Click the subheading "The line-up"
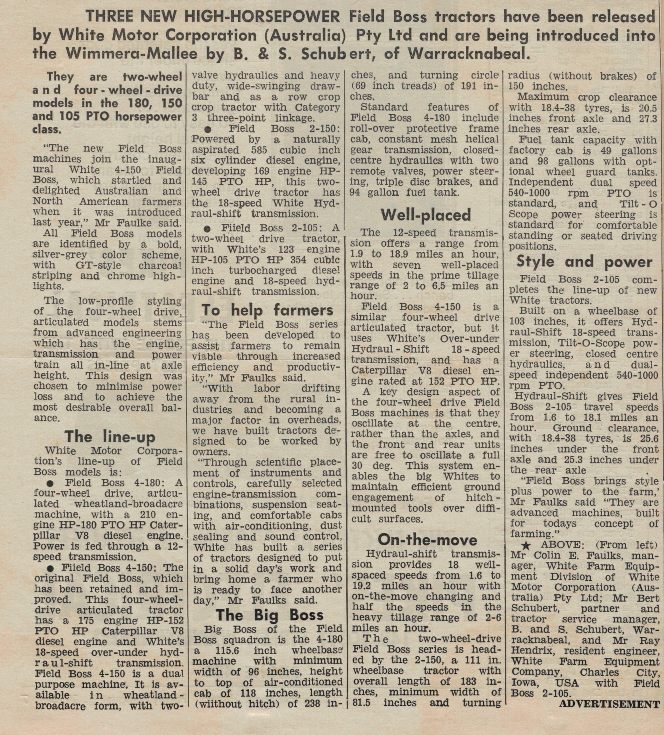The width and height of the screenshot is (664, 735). [110, 436]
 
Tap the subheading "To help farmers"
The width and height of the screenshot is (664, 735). [267, 310]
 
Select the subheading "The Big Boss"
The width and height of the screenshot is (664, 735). [270, 615]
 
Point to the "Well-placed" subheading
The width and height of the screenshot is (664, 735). [425, 215]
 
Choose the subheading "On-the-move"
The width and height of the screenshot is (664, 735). [427, 540]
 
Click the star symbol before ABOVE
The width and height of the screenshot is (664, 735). [525, 546]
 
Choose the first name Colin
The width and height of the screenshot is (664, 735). [540, 556]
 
